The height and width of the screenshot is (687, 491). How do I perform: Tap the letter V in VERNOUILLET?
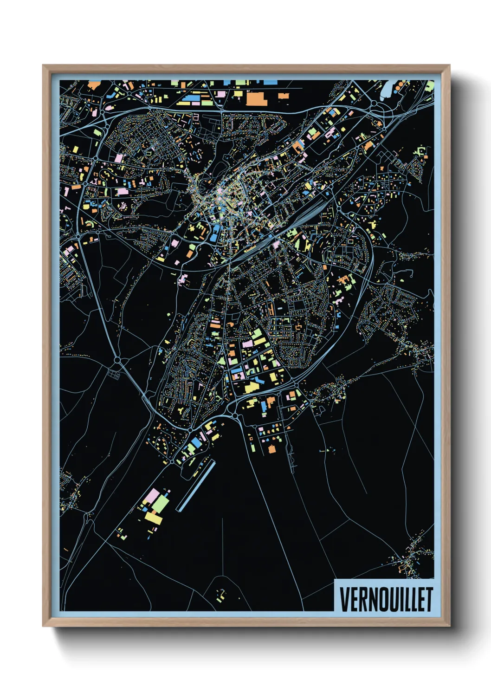coord(344,599)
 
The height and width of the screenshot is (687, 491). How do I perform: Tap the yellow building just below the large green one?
coord(154,518)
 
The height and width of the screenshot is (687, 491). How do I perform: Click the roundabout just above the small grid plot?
coord(117,360)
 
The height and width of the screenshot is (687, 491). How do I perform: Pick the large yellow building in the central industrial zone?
coord(251,386)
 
